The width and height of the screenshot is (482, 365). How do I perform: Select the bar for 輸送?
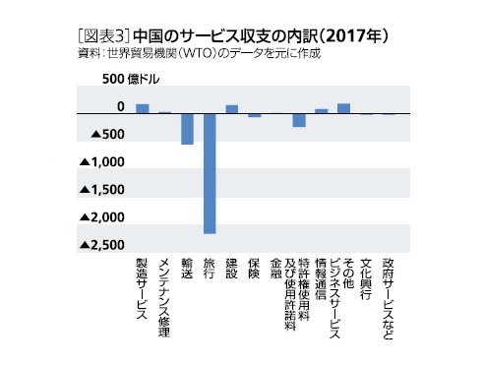187,129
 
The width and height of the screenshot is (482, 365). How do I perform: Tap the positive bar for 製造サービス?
143,108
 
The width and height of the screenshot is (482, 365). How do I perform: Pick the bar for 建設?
232,109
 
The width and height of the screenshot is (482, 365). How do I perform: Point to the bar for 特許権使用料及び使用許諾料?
299,120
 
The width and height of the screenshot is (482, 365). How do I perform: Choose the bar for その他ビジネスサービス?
343,108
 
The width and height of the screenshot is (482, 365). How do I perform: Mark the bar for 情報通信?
321,111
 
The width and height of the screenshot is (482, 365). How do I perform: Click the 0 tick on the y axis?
121,106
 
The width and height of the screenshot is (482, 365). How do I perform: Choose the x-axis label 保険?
254,271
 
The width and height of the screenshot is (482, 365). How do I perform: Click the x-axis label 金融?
276,271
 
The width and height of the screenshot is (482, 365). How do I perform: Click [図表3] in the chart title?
98,34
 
